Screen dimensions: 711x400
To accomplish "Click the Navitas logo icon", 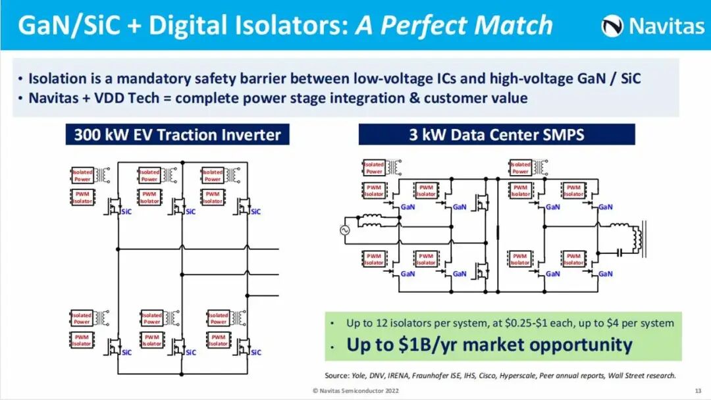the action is click(x=612, y=26).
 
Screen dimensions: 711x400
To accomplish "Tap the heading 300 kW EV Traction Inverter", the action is click(x=177, y=135).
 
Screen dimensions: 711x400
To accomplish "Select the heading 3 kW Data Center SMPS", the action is click(x=496, y=135).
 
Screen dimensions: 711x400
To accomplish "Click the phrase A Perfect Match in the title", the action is click(x=454, y=26).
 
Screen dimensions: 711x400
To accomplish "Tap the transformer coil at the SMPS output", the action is click(x=637, y=238).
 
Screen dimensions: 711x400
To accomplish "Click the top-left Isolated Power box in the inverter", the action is click(x=82, y=176).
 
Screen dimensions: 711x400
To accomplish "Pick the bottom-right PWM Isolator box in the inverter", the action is click(x=218, y=340).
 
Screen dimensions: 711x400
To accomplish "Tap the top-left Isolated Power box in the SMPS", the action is click(x=374, y=168).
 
